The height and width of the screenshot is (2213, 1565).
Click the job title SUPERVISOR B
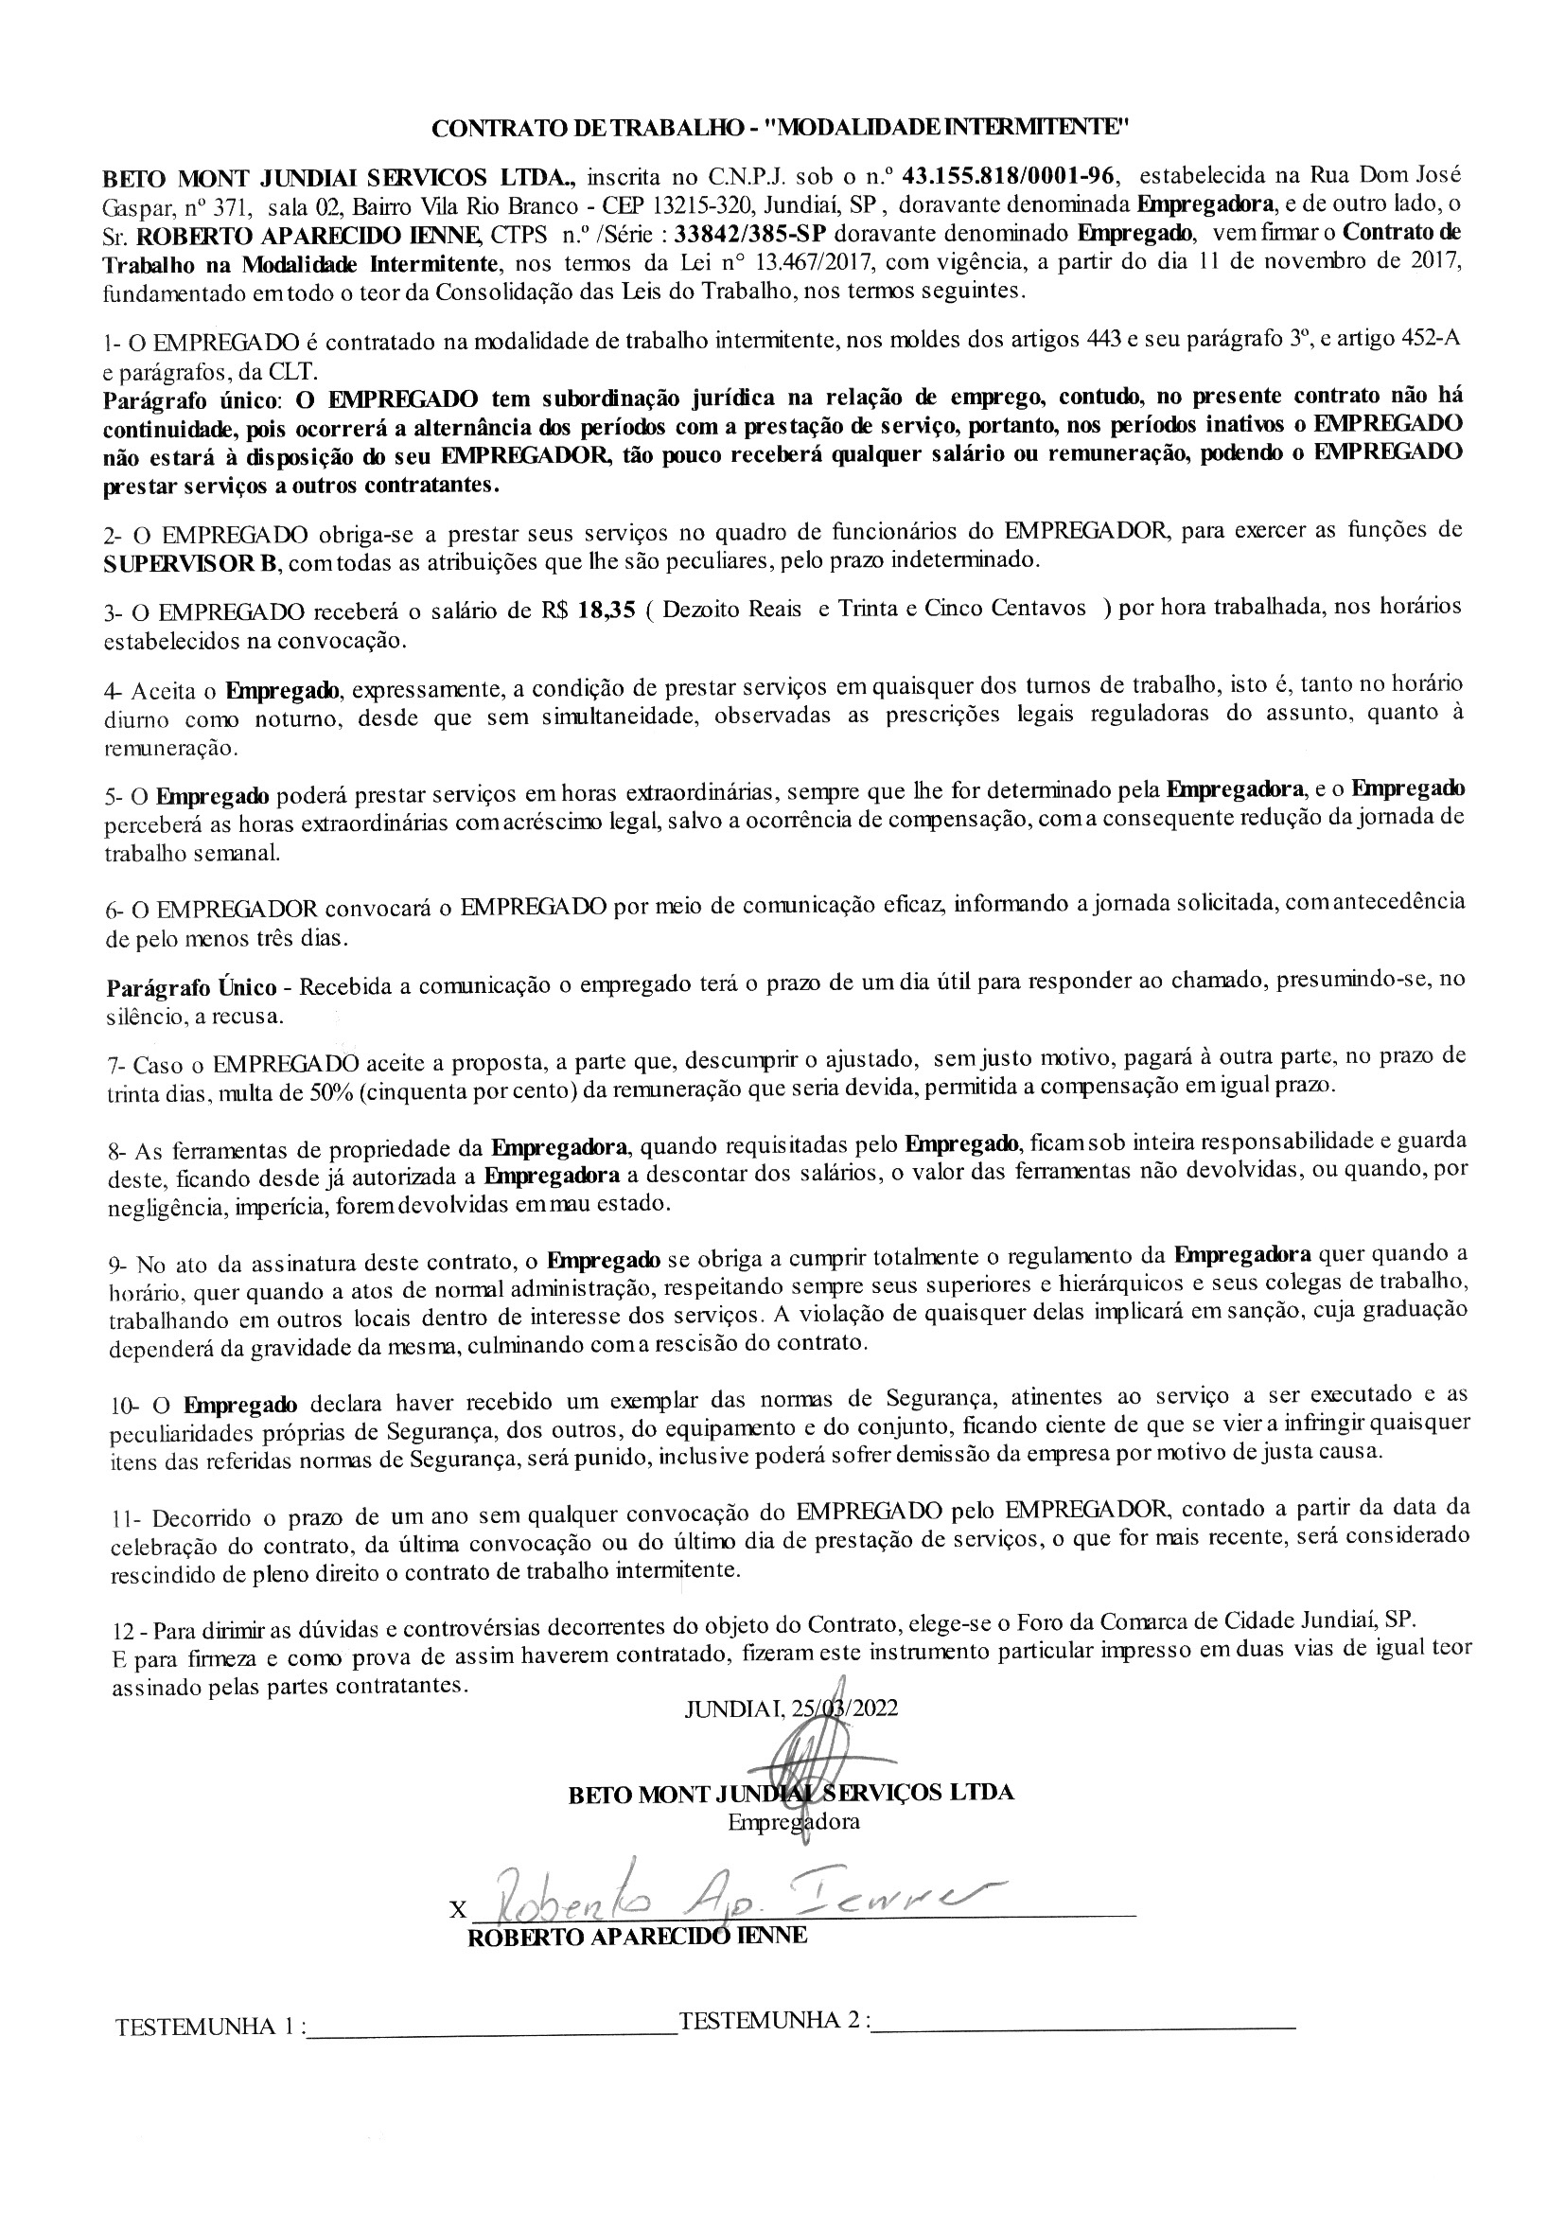(x=190, y=562)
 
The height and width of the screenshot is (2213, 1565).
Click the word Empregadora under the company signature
(x=793, y=1822)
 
